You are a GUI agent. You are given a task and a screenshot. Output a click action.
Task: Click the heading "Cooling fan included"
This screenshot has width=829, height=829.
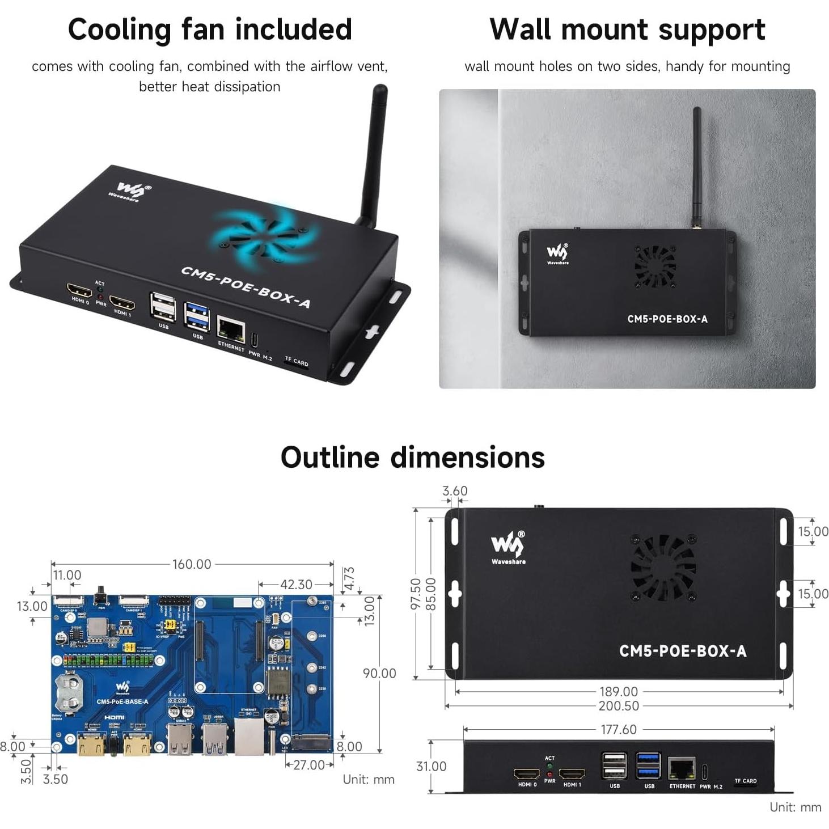[x=210, y=29]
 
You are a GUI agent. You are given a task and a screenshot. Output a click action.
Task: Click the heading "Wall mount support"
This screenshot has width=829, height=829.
[x=627, y=29]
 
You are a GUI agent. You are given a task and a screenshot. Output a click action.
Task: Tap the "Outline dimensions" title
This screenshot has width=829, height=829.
[x=413, y=457]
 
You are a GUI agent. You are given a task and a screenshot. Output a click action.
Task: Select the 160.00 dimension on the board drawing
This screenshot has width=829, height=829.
[x=192, y=564]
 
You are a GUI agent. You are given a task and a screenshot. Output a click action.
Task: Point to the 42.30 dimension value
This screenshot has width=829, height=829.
[x=296, y=584]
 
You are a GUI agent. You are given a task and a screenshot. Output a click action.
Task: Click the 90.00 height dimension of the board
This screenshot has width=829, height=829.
[x=379, y=673]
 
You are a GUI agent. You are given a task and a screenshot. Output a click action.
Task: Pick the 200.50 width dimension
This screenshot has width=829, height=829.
[x=619, y=706]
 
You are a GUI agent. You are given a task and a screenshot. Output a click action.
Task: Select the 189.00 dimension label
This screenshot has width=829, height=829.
[x=619, y=692]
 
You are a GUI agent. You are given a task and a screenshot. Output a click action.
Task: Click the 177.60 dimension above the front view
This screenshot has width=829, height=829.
[x=619, y=729]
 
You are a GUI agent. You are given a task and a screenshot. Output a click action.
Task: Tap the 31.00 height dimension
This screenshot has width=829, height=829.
[x=431, y=766]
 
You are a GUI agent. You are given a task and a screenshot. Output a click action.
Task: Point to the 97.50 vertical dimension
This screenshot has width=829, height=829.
[x=416, y=594]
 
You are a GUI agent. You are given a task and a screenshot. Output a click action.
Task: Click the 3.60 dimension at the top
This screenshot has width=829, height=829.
[x=455, y=491]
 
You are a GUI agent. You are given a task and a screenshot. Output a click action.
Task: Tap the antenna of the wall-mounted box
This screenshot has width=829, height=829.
[x=696, y=164]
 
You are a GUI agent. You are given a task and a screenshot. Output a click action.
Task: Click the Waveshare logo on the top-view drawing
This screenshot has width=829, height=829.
[x=508, y=548]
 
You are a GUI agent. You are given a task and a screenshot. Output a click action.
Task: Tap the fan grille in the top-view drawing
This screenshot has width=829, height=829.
[x=663, y=567]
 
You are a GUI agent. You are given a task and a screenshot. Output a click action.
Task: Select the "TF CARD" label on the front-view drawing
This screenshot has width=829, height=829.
[x=745, y=781]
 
